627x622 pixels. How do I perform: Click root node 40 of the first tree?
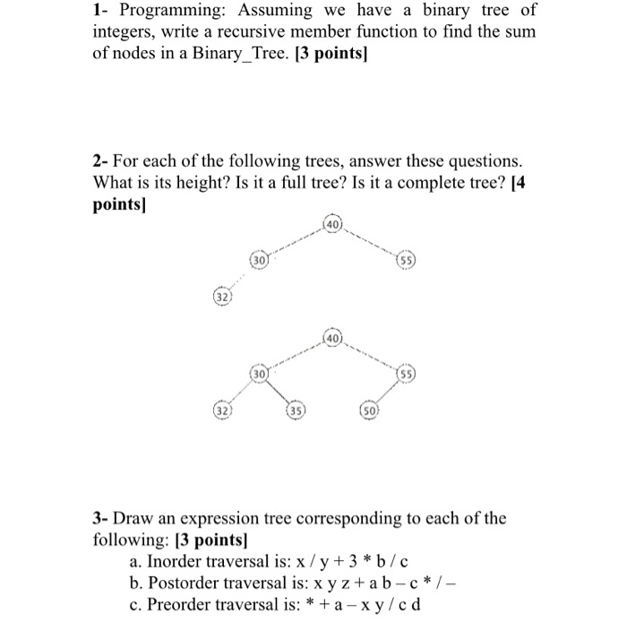pos(331,222)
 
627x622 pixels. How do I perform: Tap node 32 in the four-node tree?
pos(220,295)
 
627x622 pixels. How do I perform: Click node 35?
pos(294,412)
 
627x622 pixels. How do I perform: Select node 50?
pos(367,412)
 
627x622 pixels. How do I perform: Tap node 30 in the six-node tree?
pos(258,372)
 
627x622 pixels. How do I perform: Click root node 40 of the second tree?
pos(331,339)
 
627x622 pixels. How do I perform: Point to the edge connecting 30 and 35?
pos(276,392)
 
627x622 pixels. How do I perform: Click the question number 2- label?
pos(100,162)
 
